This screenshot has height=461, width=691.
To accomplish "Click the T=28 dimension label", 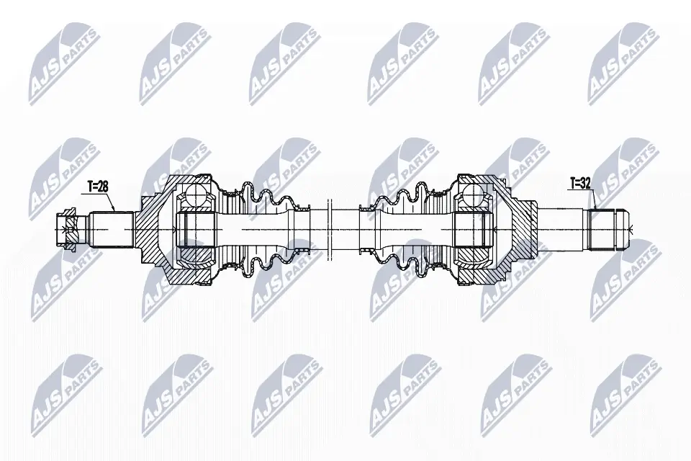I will (x=98, y=187).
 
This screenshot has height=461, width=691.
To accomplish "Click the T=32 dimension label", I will (x=579, y=184).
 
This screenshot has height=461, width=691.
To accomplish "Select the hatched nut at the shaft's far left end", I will (x=68, y=229).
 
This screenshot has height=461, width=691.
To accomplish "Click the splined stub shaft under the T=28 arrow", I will (x=112, y=229).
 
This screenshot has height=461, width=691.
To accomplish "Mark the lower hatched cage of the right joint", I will (x=471, y=254).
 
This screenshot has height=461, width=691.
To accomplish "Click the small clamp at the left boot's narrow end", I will (x=300, y=209).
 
